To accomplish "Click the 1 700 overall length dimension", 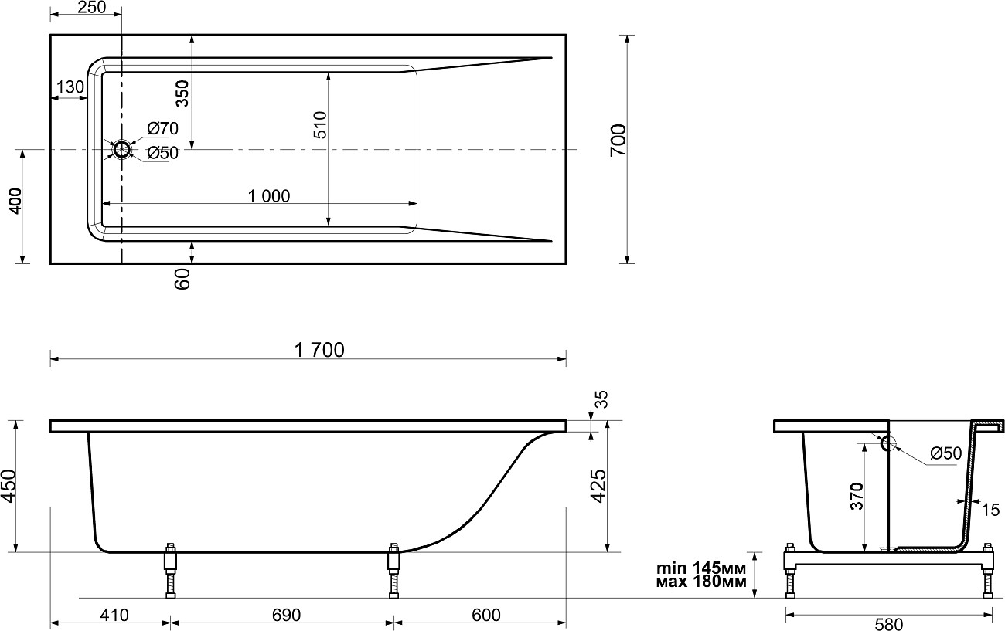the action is coord(319,350).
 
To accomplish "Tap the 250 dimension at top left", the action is coord(91,7).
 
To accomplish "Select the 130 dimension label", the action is coord(70,87).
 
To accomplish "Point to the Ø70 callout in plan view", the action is coord(163,129).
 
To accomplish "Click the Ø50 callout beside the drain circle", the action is coord(163,153).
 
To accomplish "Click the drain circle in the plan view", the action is coord(121,149).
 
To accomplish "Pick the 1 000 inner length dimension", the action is coord(269,196).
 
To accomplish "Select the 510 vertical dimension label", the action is coord(320,124).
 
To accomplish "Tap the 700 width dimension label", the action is coord(618,141).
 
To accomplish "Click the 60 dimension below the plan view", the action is coord(182,280).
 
